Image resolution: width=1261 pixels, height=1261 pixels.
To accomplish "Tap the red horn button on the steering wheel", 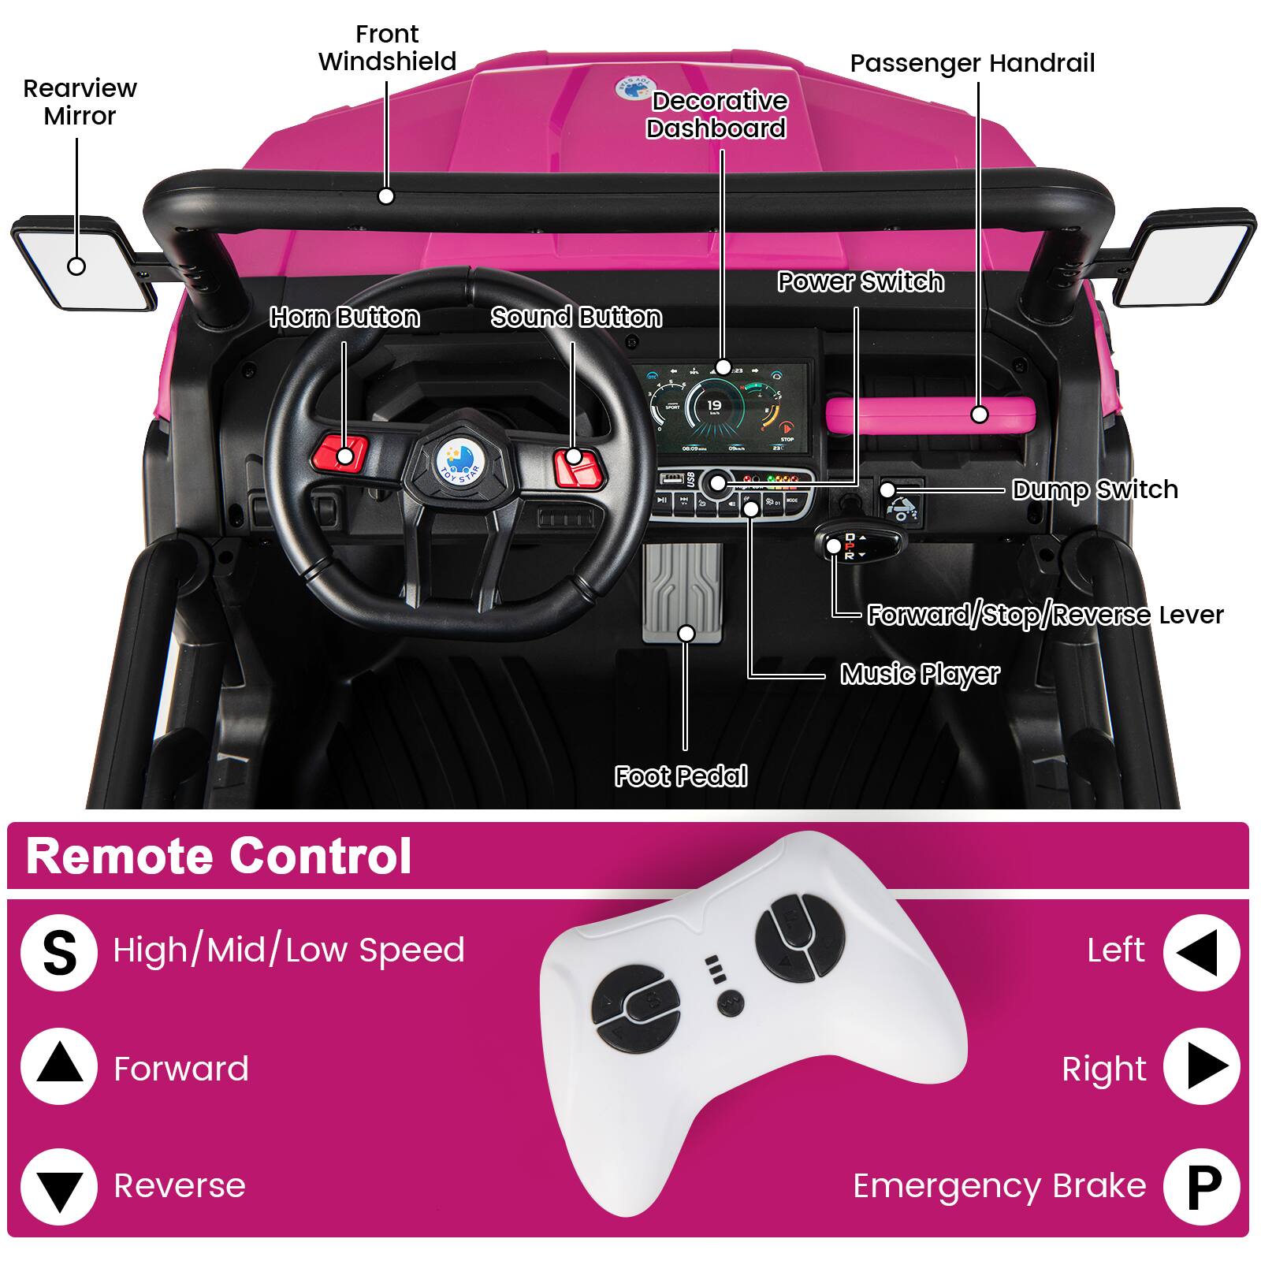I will (344, 455).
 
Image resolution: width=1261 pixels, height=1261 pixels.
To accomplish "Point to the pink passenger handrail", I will (930, 414).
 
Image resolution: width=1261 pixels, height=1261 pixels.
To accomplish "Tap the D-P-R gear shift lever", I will (843, 545).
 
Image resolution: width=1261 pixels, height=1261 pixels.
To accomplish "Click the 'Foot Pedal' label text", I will (681, 776).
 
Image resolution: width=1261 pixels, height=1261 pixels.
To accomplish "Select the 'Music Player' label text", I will (919, 674).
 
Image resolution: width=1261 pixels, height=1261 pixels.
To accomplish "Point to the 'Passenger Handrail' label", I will (973, 63).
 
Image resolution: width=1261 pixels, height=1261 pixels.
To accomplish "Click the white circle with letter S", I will (60, 951).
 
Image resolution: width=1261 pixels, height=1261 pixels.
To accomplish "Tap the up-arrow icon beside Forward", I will (60, 1067).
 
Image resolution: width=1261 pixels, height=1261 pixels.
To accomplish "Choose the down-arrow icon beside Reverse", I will (60, 1185).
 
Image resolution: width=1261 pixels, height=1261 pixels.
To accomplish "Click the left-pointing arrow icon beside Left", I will (1201, 951).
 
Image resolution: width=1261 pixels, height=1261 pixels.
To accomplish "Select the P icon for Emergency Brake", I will (1201, 1185).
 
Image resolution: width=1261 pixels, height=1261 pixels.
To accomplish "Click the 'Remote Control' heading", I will (219, 856).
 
